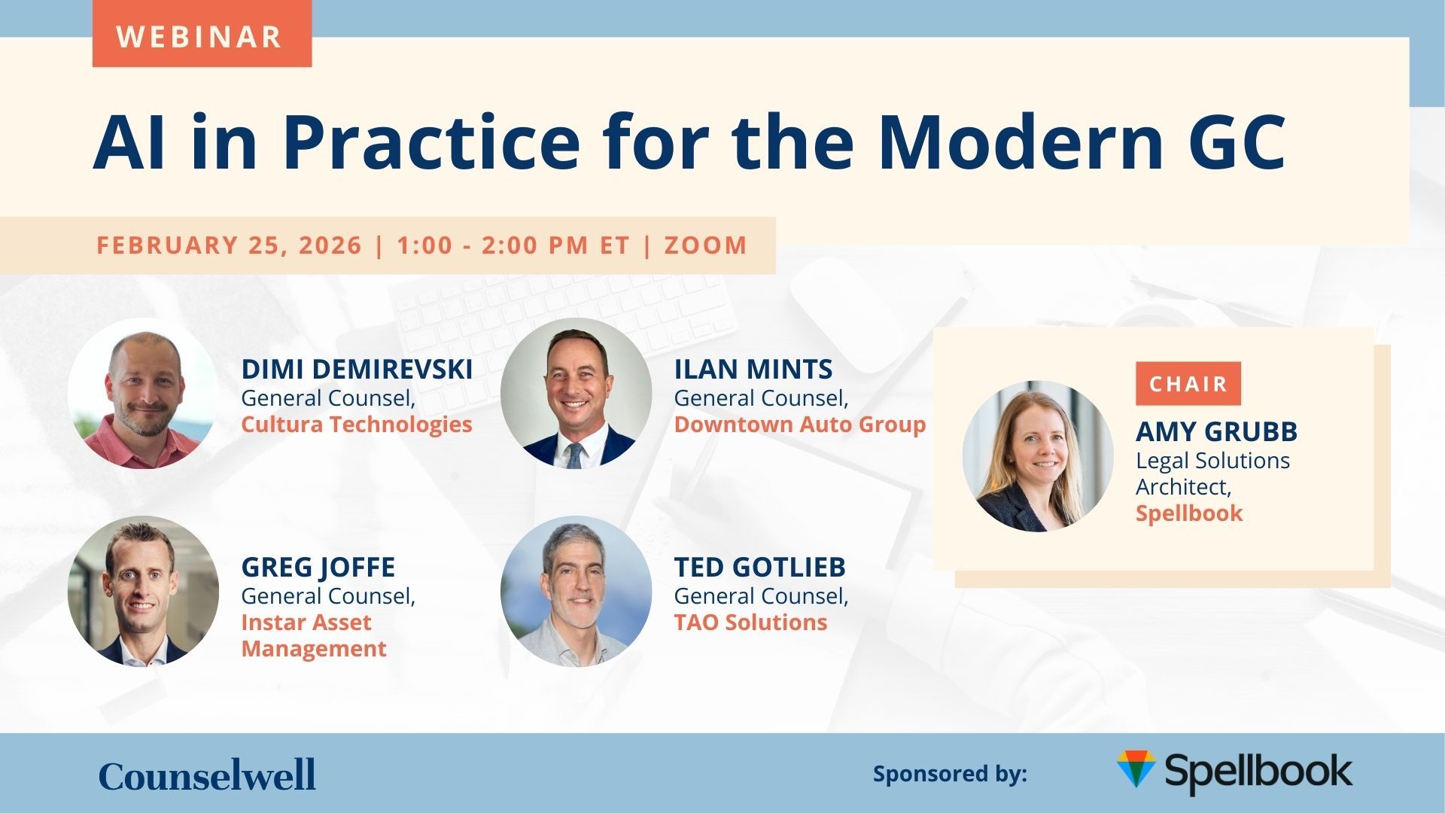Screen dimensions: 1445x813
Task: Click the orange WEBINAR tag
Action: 202,35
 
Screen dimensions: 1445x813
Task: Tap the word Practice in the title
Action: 431,142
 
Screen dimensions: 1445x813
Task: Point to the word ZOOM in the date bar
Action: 706,245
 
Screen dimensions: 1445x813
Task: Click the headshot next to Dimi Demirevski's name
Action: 143,393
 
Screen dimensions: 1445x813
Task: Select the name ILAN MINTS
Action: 753,369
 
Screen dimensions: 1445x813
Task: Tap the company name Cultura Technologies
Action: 357,424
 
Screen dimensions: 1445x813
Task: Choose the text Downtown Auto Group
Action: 800,424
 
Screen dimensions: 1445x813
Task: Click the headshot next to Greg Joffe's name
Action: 143,591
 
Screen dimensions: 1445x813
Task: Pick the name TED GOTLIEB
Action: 760,567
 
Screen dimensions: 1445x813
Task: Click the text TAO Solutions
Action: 750,622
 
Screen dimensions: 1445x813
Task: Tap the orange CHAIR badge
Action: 1188,383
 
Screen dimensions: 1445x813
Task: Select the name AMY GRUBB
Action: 1217,431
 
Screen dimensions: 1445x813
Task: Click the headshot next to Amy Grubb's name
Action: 1038,456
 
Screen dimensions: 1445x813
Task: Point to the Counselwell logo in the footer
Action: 207,775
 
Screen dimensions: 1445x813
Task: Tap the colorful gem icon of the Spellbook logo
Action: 1136,769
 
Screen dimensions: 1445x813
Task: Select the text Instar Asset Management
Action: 314,635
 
